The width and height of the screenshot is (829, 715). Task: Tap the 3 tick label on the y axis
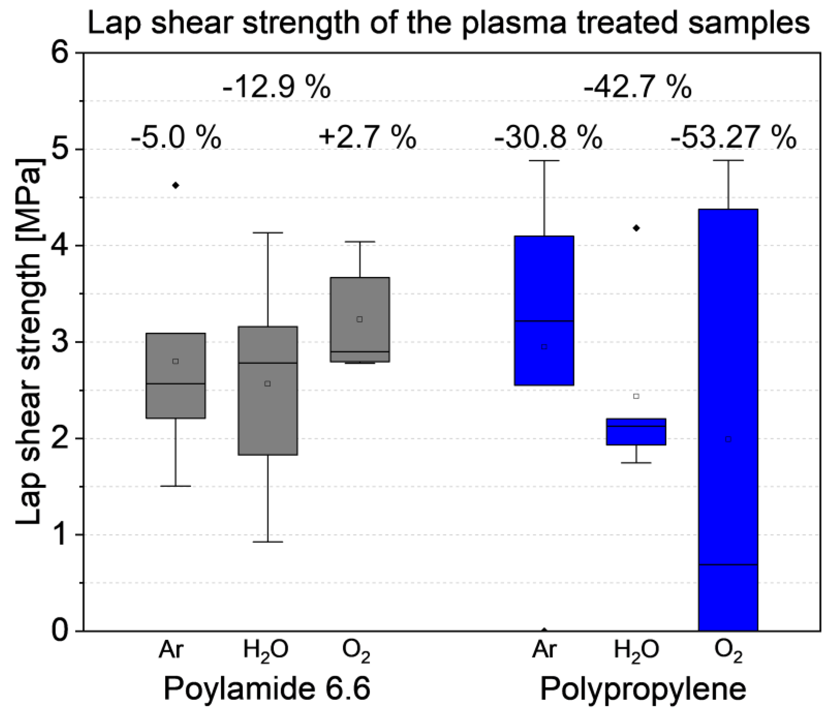point(64,342)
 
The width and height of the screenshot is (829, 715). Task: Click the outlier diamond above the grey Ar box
point(175,185)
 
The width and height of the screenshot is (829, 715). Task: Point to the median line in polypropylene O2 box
point(728,565)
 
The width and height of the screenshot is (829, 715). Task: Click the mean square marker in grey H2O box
point(268,384)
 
